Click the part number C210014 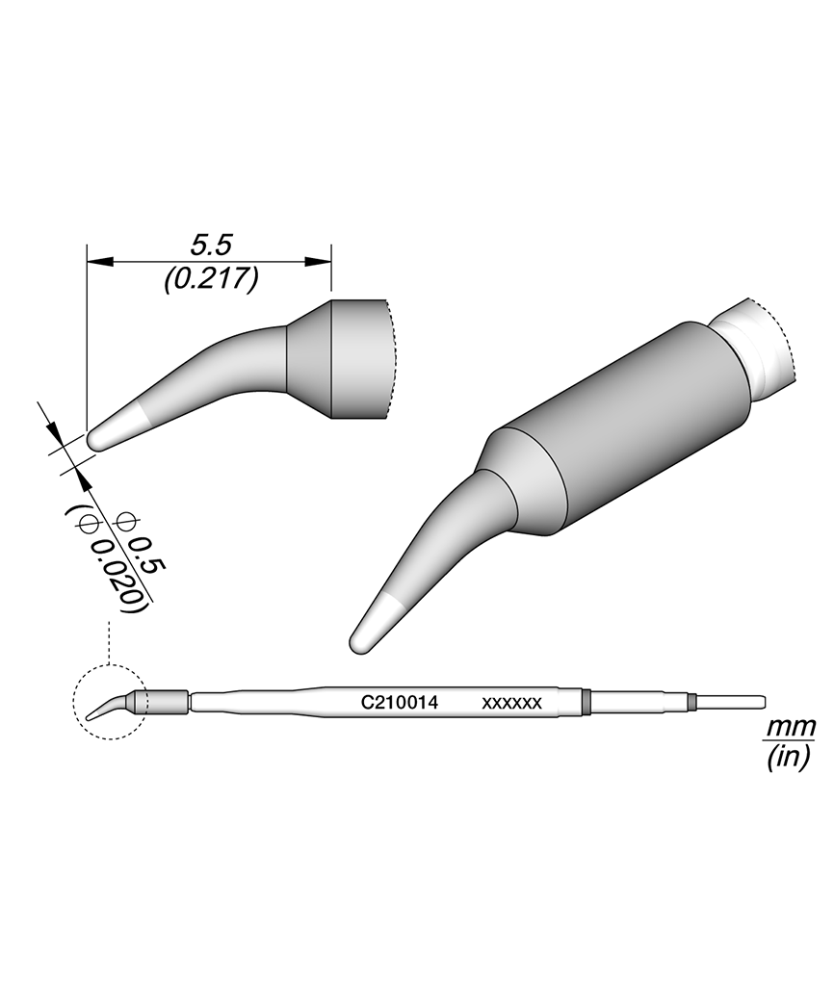point(400,703)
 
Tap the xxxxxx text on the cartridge point(512,703)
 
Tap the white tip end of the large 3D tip point(372,626)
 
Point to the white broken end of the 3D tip point(766,347)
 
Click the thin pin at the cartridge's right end point(730,700)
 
